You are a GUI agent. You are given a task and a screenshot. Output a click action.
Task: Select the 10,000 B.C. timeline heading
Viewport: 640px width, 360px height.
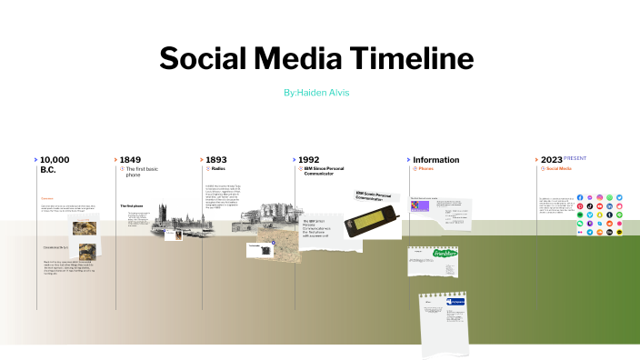(x=55, y=165)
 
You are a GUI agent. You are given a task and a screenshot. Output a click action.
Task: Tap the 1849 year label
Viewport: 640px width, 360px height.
(x=130, y=160)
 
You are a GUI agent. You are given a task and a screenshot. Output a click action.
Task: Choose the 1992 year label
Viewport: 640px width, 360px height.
(x=308, y=160)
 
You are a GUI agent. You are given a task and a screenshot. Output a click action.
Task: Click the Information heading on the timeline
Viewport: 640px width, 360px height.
(x=435, y=160)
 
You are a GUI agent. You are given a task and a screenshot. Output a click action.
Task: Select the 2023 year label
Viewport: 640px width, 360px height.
(x=551, y=160)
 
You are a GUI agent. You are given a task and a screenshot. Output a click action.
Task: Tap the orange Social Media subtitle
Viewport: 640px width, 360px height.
(x=558, y=169)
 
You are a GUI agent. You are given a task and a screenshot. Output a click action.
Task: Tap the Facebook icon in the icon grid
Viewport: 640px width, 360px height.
(x=580, y=197)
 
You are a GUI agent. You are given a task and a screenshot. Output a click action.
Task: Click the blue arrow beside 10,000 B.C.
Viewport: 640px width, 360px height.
(x=35, y=160)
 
